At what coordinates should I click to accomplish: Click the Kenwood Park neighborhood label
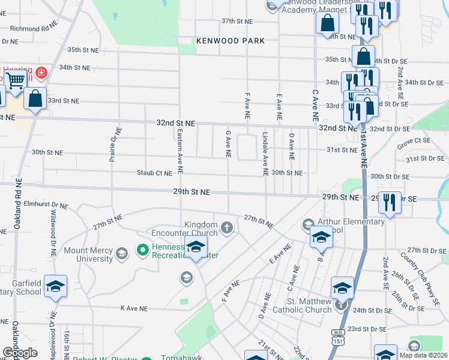click(x=231, y=41)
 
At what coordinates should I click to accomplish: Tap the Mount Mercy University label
click(x=88, y=254)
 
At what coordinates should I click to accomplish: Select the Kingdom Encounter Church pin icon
click(x=227, y=227)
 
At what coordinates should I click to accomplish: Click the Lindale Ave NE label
click(x=265, y=154)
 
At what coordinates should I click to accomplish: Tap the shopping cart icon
click(x=17, y=79)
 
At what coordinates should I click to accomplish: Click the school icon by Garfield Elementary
click(x=55, y=286)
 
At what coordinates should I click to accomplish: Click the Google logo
click(x=20, y=353)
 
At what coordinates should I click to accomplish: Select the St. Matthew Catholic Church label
click(x=301, y=305)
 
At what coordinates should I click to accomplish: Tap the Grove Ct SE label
click(x=414, y=143)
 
